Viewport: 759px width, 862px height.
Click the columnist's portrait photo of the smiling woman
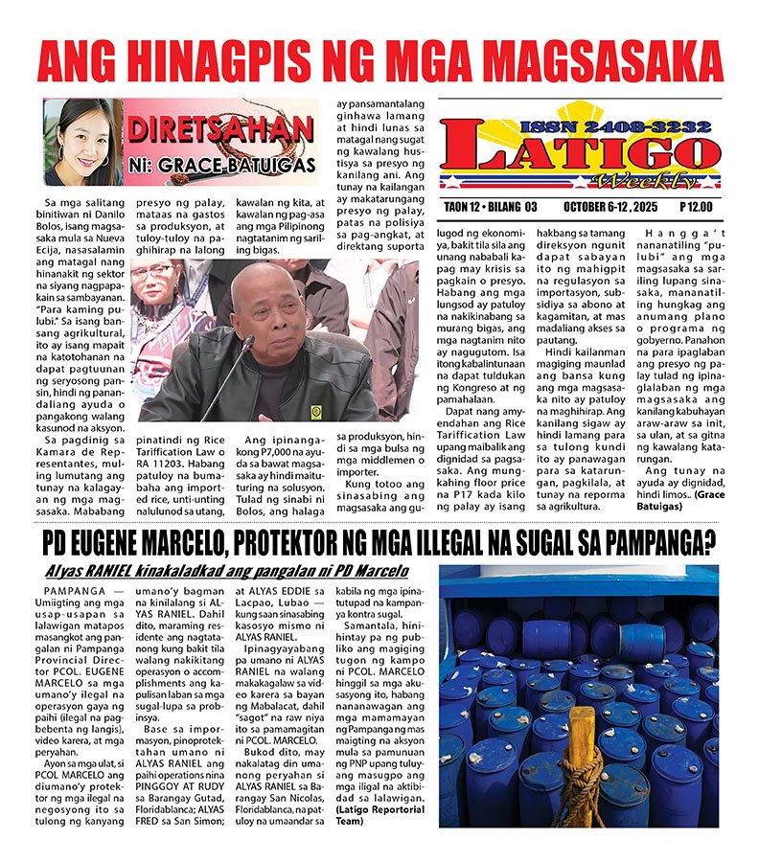tap(81, 142)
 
